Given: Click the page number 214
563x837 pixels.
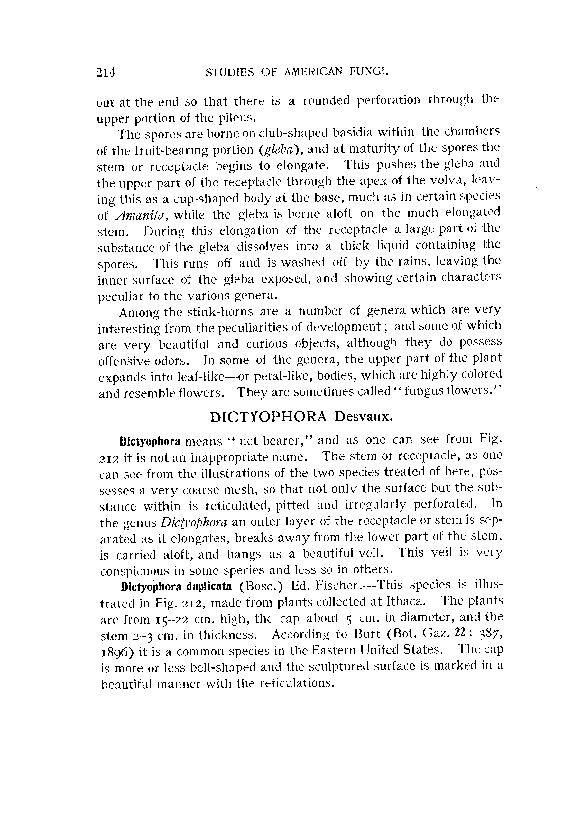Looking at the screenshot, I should pos(106,72).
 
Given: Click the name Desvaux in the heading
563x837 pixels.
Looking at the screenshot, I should pos(363,417).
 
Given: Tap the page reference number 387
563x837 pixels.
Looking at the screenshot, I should pos(491,634).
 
